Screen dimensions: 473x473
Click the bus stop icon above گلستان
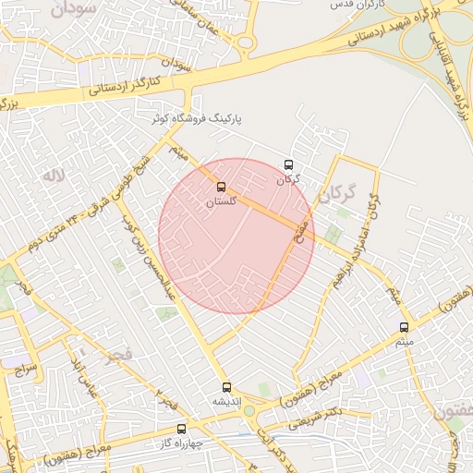coord(220,187)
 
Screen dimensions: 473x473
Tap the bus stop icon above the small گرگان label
coord(289,165)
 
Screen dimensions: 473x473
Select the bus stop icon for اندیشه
coord(227,387)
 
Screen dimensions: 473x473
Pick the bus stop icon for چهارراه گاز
coord(181,429)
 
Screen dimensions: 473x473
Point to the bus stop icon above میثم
coord(404,327)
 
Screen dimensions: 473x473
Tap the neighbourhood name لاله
coord(54,174)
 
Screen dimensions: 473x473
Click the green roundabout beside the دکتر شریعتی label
coord(249,411)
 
